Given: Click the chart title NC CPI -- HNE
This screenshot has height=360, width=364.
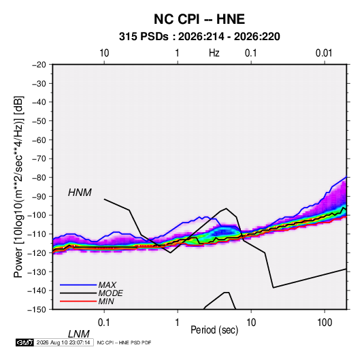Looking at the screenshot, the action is (x=199, y=19).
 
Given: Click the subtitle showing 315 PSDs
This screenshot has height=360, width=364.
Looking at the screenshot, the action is (x=199, y=37).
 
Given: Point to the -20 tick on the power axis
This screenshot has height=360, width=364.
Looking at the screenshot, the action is (x=39, y=65).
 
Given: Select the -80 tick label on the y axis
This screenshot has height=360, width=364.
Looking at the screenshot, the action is (x=39, y=178).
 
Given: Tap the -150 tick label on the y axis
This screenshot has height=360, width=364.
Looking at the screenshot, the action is (x=37, y=310).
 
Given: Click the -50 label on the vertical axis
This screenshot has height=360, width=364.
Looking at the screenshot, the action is (x=39, y=120).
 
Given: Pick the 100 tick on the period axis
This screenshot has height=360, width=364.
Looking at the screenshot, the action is (x=325, y=323).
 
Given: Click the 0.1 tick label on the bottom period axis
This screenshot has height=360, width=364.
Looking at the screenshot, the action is (x=104, y=323).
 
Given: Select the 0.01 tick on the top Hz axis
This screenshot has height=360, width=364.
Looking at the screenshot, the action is (x=324, y=53).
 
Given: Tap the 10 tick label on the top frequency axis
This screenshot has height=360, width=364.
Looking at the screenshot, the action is (x=104, y=53).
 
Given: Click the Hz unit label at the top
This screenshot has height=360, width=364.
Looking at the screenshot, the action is (x=214, y=53).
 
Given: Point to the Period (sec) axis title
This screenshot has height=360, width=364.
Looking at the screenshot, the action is (x=214, y=330).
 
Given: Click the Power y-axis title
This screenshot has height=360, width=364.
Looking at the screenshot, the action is (x=18, y=187).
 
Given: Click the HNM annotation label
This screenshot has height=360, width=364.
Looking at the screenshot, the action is (x=80, y=193).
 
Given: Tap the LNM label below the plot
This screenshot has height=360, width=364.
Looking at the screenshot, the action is (x=78, y=334).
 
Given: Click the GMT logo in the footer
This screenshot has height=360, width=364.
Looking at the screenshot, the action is (x=25, y=342).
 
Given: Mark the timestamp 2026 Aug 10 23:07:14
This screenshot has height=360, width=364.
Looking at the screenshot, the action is (x=63, y=342).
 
